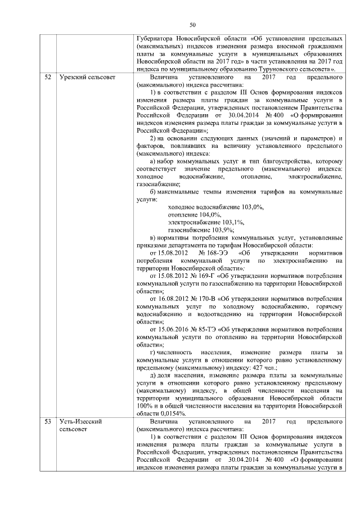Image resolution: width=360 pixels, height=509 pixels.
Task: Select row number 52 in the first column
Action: [48, 76]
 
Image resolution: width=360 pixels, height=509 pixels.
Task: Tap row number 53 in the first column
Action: [48, 421]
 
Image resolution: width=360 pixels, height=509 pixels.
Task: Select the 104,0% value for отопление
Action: [211, 215]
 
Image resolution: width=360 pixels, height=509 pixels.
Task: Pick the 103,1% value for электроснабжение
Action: [232, 222]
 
